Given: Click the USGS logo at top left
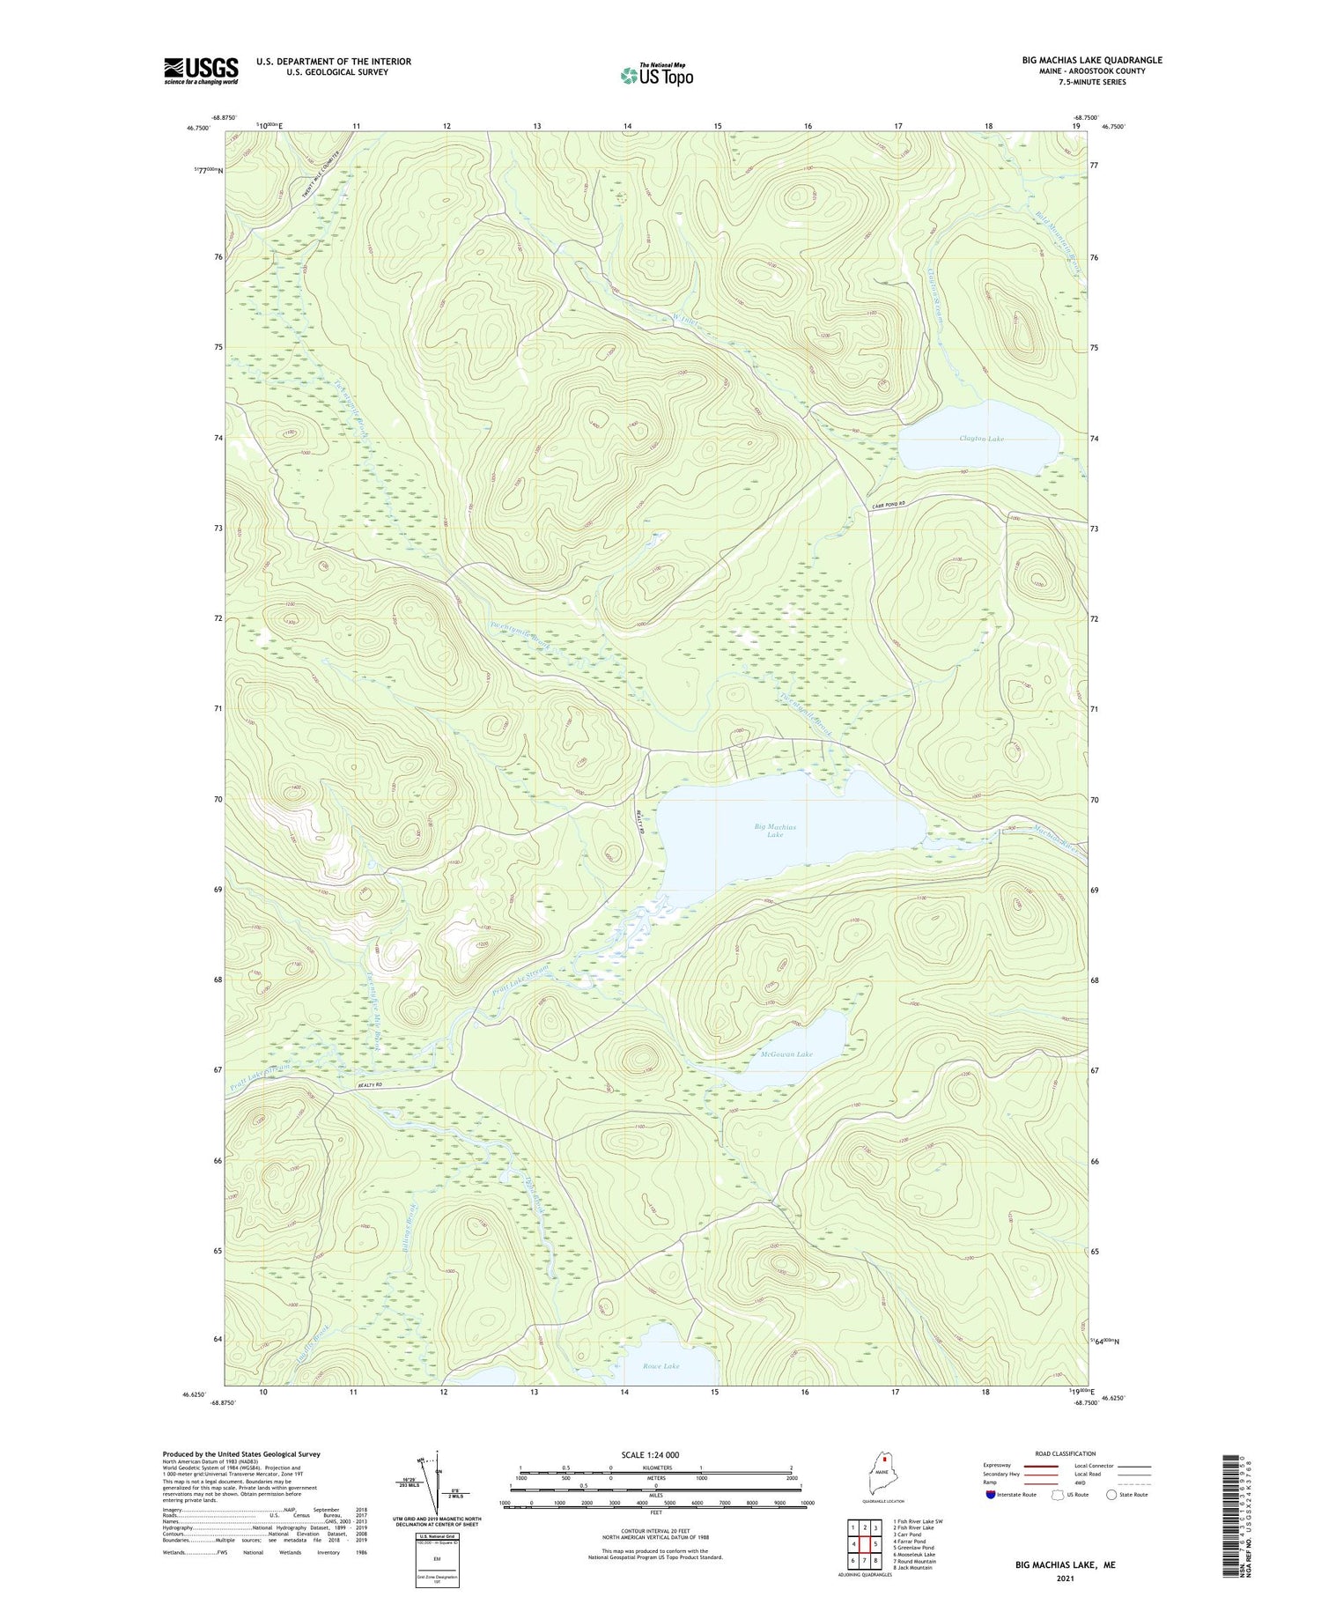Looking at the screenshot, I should [x=201, y=70].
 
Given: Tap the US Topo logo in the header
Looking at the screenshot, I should [x=656, y=76].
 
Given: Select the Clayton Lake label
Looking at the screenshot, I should [x=981, y=439].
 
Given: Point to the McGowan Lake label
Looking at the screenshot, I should [x=786, y=1054].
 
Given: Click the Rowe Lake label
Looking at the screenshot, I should [x=660, y=1366].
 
